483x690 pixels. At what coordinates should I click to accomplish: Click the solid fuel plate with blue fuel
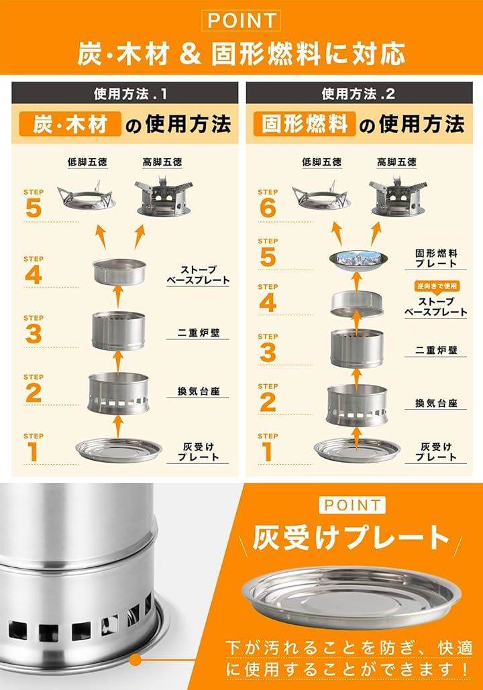click(358, 260)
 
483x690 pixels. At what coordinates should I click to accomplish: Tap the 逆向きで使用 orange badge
click(436, 286)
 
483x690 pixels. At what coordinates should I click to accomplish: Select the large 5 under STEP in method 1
click(34, 208)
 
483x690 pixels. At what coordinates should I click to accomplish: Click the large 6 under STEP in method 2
click(268, 208)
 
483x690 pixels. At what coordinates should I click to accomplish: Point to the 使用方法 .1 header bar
click(125, 93)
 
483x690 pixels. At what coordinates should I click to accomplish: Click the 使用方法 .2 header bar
click(359, 93)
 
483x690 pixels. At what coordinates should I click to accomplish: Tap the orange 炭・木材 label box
click(70, 124)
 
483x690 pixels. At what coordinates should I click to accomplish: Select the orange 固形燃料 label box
click(305, 124)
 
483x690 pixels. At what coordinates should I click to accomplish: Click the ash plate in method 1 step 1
click(119, 450)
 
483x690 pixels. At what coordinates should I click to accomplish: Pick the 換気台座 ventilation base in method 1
click(118, 394)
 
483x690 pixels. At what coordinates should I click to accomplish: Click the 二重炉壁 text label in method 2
click(436, 350)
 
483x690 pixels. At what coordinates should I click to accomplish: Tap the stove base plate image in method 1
click(119, 272)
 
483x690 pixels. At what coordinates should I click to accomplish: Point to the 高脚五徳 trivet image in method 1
click(162, 197)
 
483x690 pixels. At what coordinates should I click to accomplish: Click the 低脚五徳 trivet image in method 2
click(321, 196)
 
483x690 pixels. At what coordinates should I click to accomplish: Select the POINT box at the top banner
click(241, 20)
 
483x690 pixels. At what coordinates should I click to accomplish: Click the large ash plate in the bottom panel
click(352, 597)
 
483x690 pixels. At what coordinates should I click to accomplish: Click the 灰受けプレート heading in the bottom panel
click(351, 538)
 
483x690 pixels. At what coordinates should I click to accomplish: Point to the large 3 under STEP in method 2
click(268, 353)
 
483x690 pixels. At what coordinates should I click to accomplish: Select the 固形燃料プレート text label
click(436, 258)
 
